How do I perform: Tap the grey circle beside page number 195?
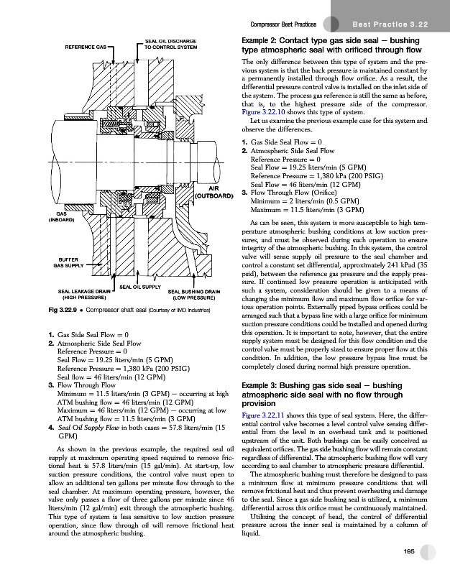click(429, 551)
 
